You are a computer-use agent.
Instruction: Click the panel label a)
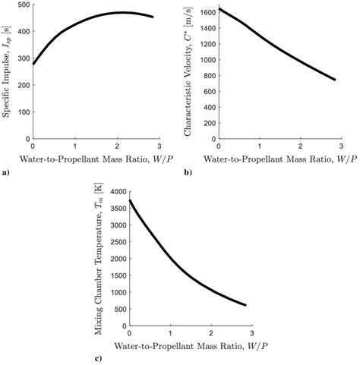(6, 174)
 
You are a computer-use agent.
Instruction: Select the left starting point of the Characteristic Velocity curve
(219, 9)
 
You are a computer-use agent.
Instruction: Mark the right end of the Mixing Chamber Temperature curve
(246, 305)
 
